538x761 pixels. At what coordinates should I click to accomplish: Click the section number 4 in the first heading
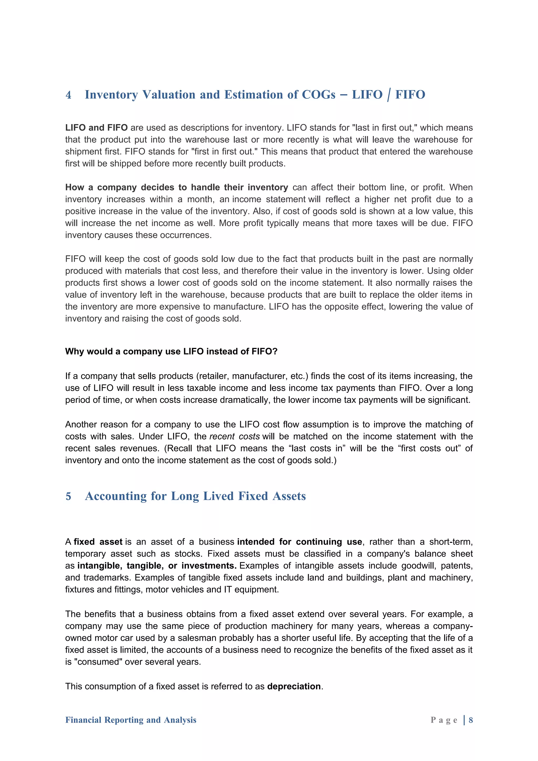[68, 95]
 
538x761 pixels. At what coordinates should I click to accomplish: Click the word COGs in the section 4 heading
[318, 95]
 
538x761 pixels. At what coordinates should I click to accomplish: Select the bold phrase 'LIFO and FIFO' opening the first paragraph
[96, 128]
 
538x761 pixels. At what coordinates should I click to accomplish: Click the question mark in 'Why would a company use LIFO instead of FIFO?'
[275, 351]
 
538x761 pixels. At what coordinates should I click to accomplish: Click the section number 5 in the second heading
[68, 497]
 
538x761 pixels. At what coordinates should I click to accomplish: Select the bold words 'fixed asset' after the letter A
[98, 542]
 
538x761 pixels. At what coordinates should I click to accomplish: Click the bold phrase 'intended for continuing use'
[299, 542]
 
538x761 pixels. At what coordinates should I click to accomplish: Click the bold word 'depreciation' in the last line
[294, 686]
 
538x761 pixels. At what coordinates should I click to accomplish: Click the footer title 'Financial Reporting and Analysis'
[131, 720]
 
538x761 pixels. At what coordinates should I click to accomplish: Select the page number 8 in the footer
[470, 720]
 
